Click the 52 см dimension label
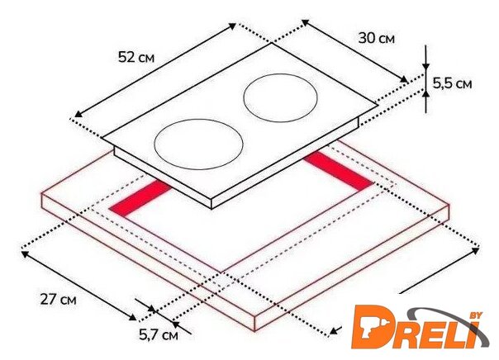[136, 57]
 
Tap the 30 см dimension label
[377, 38]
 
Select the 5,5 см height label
[452, 83]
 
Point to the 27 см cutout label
[58, 299]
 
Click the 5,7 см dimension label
[159, 334]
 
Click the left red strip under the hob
[140, 200]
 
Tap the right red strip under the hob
[338, 171]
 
